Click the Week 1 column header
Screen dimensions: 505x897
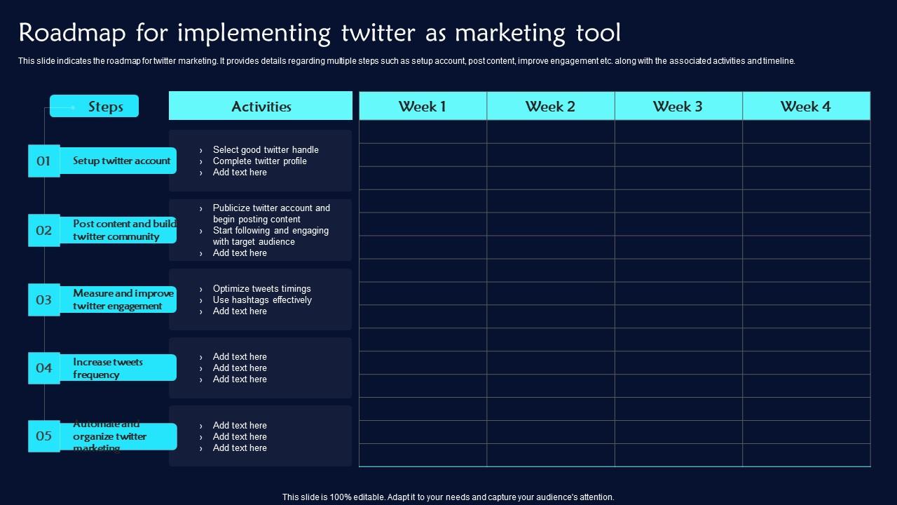(423, 107)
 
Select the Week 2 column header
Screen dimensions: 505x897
(550, 107)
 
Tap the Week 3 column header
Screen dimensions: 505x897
(678, 107)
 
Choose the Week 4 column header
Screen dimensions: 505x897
(806, 107)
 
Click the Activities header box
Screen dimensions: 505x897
(261, 107)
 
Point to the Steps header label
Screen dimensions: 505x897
(105, 107)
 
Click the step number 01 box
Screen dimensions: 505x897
(43, 161)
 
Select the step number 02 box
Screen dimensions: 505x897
(43, 230)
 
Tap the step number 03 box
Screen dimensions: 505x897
(43, 299)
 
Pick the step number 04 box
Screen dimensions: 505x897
(43, 368)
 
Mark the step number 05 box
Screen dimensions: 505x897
(43, 436)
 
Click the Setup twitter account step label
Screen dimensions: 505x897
(121, 161)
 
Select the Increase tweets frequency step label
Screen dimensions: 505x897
(108, 368)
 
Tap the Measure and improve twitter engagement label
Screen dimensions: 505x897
(123, 299)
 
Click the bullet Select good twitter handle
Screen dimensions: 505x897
(266, 149)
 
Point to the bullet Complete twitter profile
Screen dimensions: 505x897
(260, 161)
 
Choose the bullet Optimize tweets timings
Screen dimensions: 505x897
(261, 288)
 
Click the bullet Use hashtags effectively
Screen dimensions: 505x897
(262, 299)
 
